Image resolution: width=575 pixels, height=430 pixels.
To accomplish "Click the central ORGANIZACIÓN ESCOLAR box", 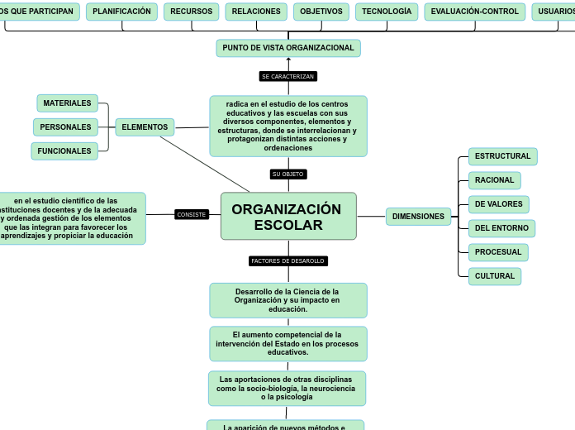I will pyautogui.click(x=288, y=217).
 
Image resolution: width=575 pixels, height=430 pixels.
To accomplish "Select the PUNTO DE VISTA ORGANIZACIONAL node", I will pyautogui.click(x=288, y=48).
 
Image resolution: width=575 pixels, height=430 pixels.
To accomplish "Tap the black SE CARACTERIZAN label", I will pyautogui.click(x=288, y=76).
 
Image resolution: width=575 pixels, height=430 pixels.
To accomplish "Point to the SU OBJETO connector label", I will pyautogui.click(x=288, y=174).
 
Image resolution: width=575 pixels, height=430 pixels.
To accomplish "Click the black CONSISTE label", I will pyautogui.click(x=192, y=215).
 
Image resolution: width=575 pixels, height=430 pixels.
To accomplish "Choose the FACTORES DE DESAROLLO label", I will pyautogui.click(x=288, y=261).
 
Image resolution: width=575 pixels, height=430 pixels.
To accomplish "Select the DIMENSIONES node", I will pyautogui.click(x=418, y=217).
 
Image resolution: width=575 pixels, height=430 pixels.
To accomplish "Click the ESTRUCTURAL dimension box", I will pyautogui.click(x=502, y=156).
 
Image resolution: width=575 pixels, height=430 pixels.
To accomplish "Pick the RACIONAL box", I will pyautogui.click(x=494, y=180).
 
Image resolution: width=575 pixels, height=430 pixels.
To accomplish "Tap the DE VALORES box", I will pyautogui.click(x=498, y=204).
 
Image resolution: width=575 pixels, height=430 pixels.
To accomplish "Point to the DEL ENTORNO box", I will pyautogui.click(x=501, y=228).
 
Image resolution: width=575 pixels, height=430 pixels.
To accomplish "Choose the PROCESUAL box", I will pyautogui.click(x=498, y=252).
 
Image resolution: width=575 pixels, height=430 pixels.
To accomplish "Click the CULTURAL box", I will pyautogui.click(x=494, y=276).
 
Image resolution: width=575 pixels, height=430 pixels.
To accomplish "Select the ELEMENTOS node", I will pyautogui.click(x=145, y=127).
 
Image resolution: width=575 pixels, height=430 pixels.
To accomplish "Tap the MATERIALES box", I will pyautogui.click(x=67, y=103).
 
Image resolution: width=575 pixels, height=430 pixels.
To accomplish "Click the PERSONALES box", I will pyautogui.click(x=65, y=127).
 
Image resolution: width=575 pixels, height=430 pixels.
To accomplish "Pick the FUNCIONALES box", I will pyautogui.click(x=64, y=151).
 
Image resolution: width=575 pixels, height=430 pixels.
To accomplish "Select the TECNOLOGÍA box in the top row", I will pyautogui.click(x=387, y=12).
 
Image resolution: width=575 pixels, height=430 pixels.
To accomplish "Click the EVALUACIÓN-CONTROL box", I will pyautogui.click(x=475, y=12).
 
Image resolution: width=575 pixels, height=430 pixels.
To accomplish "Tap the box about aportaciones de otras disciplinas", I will pyautogui.click(x=287, y=388).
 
